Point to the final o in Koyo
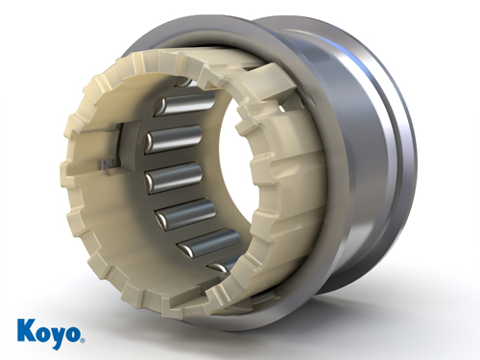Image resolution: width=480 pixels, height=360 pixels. (73, 334)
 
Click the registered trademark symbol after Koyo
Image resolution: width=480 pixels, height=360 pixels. (83, 340)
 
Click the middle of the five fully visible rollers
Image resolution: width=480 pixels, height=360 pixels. (174, 177)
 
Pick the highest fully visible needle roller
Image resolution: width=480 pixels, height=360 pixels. (184, 104)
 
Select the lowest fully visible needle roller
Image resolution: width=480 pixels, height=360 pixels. (209, 242)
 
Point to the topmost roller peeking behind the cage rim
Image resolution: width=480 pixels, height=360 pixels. (184, 82)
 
